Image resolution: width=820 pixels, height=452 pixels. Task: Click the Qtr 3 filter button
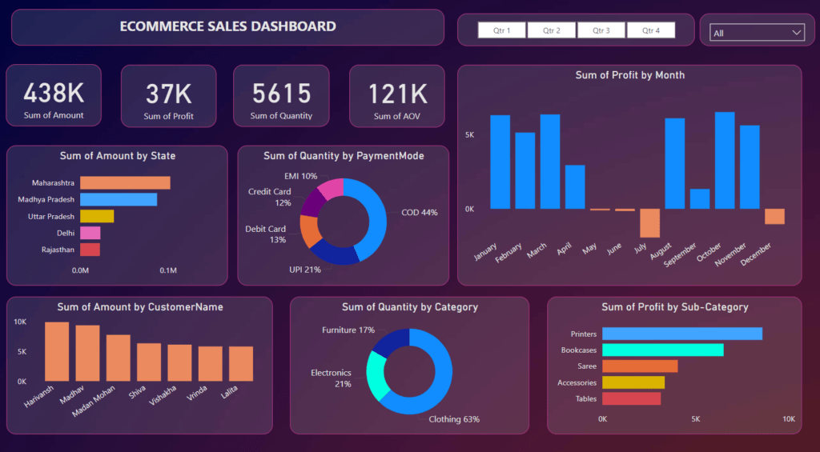(x=601, y=30)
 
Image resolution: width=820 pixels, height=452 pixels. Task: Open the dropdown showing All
(x=757, y=33)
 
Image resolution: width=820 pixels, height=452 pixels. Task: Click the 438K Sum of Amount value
(x=54, y=94)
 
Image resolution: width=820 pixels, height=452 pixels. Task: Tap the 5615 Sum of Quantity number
(x=281, y=94)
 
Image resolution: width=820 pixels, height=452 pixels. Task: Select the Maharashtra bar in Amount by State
(x=125, y=183)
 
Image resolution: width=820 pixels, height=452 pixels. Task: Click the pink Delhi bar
(x=90, y=233)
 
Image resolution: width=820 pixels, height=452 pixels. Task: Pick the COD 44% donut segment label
(x=419, y=213)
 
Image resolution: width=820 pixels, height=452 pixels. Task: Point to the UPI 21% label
(x=305, y=270)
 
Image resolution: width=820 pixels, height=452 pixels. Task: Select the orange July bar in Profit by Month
(x=649, y=223)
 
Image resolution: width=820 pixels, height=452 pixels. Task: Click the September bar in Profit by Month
(x=700, y=199)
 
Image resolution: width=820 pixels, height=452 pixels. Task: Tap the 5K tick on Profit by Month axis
(x=468, y=135)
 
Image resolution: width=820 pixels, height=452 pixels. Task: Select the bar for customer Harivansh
(x=57, y=352)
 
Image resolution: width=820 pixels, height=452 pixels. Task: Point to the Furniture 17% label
(x=348, y=330)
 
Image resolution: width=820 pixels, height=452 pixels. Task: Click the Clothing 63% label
(x=454, y=419)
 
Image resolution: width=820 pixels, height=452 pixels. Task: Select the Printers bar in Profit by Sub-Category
(x=681, y=334)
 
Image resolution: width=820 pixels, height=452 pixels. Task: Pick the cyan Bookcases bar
(x=662, y=350)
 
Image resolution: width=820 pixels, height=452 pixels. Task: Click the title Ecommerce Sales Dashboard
(x=227, y=26)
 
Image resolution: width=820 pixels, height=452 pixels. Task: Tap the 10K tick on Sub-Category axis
(x=789, y=419)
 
